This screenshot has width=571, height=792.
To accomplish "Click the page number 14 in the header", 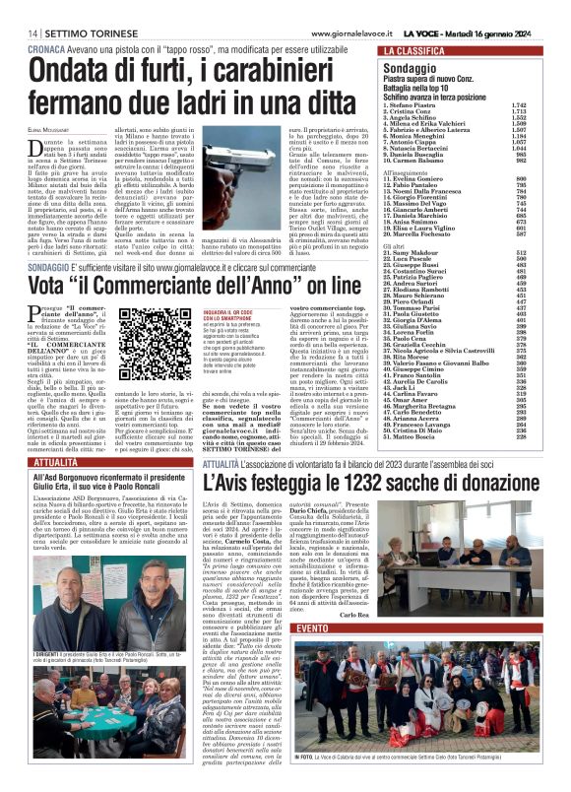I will tap(20, 33).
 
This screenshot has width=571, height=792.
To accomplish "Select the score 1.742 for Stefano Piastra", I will tap(546, 103).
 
